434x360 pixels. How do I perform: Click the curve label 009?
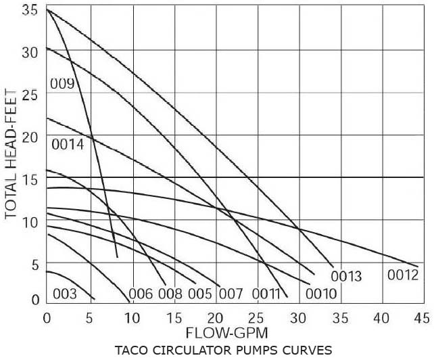click(x=62, y=85)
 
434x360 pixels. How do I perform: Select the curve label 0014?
click(x=67, y=144)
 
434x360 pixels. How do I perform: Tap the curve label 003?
click(x=65, y=294)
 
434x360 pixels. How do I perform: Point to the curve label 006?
click(x=141, y=294)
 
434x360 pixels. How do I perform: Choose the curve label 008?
click(x=170, y=294)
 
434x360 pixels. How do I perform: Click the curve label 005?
click(x=200, y=294)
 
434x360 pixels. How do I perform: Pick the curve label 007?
click(x=230, y=294)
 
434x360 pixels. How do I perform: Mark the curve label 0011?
click(x=266, y=294)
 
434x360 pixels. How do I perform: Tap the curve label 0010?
click(x=320, y=294)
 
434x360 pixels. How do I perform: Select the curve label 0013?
click(x=346, y=276)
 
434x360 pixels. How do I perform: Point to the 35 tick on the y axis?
click(x=29, y=10)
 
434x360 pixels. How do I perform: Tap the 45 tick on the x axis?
click(x=422, y=317)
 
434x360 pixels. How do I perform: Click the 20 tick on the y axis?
click(x=29, y=136)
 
